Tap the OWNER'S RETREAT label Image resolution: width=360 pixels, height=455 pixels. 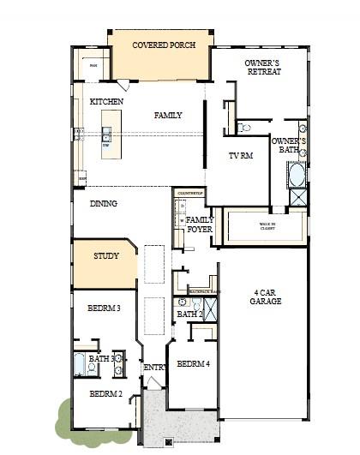tap(262, 68)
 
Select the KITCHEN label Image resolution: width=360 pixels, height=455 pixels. tap(106, 102)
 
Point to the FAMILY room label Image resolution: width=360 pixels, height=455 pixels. tap(168, 115)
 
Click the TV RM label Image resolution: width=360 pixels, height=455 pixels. tap(241, 156)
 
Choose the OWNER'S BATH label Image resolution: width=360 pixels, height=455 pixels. tap(285, 145)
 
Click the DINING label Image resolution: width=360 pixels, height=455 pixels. tap(104, 204)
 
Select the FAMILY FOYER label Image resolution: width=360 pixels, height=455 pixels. tap(201, 225)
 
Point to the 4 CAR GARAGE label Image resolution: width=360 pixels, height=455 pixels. tap(261, 296)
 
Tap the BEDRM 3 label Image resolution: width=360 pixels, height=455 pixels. tap(104, 308)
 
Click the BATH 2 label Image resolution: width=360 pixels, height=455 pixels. tap(189, 314)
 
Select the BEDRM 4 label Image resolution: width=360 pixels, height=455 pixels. tap(193, 364)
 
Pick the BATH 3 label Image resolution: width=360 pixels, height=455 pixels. tap(101, 359)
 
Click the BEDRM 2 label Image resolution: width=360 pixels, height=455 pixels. tap(105, 394)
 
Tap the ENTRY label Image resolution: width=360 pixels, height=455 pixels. tap(155, 368)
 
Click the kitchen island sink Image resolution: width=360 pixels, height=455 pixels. tap(107, 135)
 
